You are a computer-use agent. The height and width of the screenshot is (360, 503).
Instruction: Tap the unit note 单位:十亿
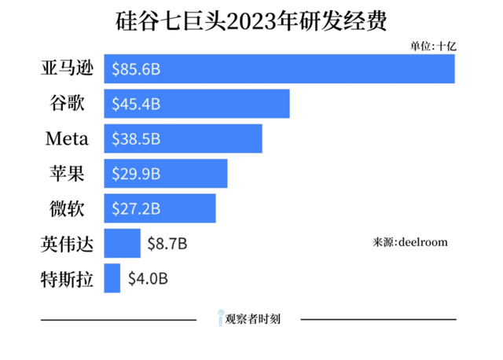[x=432, y=46]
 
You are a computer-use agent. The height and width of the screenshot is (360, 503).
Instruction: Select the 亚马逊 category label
[x=67, y=69]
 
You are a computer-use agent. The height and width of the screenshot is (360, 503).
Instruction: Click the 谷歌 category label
[x=67, y=104]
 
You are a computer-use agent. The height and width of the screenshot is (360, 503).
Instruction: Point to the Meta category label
[x=67, y=139]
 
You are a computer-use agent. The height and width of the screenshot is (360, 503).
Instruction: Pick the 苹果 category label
[x=67, y=174]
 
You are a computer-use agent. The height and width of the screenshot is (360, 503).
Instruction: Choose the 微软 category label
[x=67, y=208]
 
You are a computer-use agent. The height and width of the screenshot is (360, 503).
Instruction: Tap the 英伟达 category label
[x=67, y=244]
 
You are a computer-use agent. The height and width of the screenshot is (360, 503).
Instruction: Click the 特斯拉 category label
[x=67, y=278]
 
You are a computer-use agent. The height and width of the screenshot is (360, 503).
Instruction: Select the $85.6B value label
[x=136, y=69]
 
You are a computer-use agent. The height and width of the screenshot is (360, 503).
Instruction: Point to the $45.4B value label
[x=136, y=104]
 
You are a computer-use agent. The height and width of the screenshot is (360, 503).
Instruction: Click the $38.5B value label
[x=136, y=139]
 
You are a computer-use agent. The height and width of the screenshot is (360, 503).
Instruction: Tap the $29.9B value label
[x=136, y=174]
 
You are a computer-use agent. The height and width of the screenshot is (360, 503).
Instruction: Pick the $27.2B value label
[x=136, y=208]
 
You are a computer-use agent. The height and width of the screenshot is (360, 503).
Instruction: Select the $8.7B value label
[x=167, y=244]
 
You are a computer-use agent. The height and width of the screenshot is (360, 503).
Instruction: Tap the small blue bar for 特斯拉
[x=112, y=278]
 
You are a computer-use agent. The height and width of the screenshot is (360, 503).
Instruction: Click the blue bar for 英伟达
[x=122, y=244]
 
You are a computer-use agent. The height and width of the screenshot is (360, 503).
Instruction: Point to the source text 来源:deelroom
[x=409, y=242]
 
